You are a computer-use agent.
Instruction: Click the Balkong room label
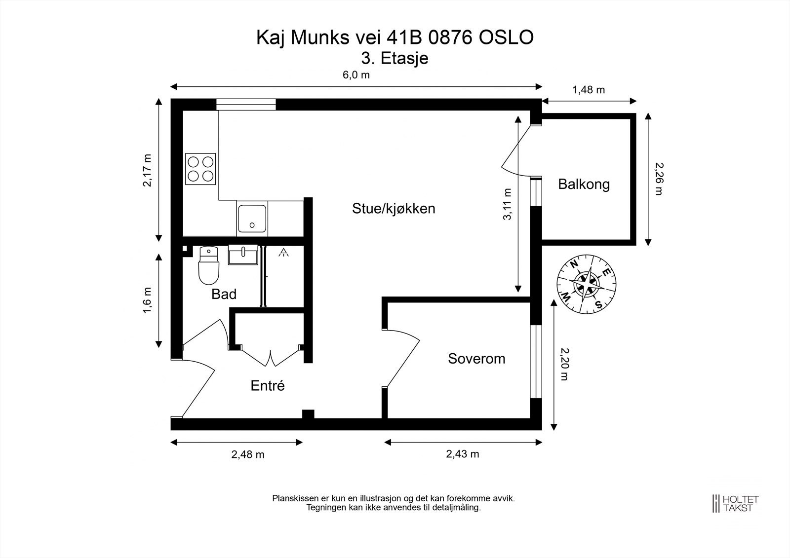pyautogui.click(x=584, y=185)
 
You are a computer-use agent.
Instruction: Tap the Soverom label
pyautogui.click(x=476, y=358)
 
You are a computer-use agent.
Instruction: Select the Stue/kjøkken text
pyautogui.click(x=394, y=208)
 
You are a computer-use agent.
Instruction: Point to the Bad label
pyautogui.click(x=224, y=294)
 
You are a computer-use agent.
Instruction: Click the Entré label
pyautogui.click(x=268, y=385)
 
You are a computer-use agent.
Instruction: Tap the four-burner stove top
pyautogui.click(x=201, y=168)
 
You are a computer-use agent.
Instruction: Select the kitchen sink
pyautogui.click(x=252, y=218)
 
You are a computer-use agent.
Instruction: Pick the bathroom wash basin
pyautogui.click(x=243, y=256)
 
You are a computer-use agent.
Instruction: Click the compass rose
pyautogui.click(x=586, y=284)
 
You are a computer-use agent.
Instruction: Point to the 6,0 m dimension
pyautogui.click(x=356, y=75)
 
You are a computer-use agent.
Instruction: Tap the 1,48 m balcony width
pyautogui.click(x=589, y=90)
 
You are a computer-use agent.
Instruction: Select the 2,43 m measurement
pyautogui.click(x=463, y=454)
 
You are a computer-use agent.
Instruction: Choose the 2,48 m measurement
pyautogui.click(x=248, y=454)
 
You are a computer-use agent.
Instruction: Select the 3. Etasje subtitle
pyautogui.click(x=395, y=58)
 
